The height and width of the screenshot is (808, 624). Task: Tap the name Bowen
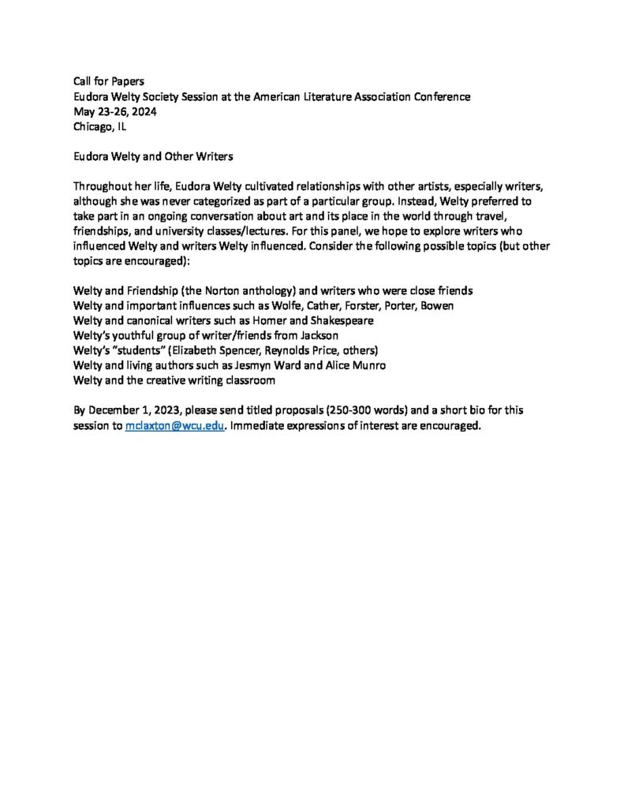tap(435, 306)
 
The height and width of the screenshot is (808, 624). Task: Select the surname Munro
tap(367, 365)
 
